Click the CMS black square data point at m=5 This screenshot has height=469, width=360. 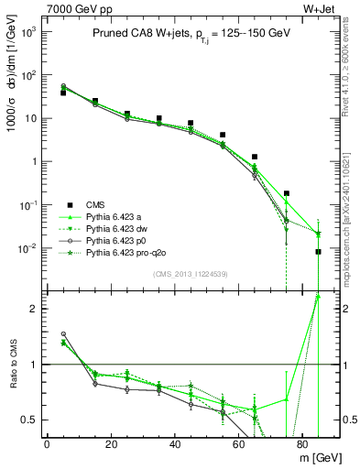[x=63, y=93]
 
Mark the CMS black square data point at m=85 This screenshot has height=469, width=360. [x=318, y=252]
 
